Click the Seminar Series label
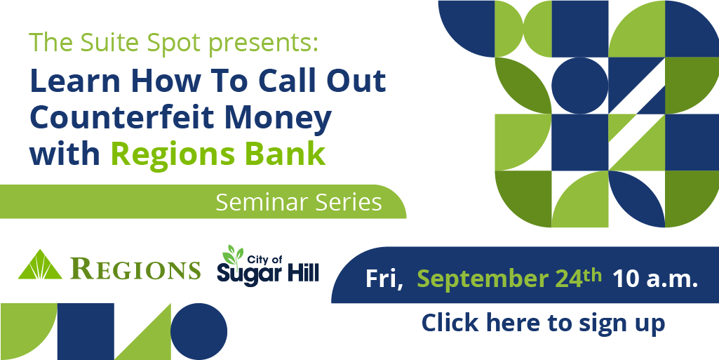coord(299,202)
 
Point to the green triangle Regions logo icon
coord(40,265)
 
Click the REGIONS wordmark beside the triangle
coord(136,269)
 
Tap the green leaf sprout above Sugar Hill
coord(231,255)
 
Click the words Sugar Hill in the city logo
coord(268,274)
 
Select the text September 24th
coord(509,279)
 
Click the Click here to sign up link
coord(543,323)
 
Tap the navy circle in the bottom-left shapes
coord(199,331)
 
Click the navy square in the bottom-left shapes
coord(86,331)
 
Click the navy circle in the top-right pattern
coord(579,86)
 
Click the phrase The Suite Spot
coord(115,42)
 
